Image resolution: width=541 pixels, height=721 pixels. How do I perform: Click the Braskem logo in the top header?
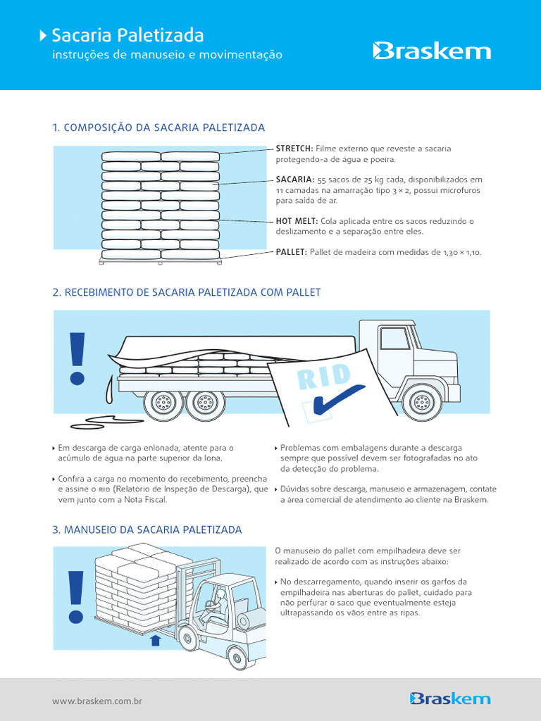(x=431, y=51)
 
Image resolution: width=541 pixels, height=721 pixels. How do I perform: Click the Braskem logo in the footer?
(x=449, y=698)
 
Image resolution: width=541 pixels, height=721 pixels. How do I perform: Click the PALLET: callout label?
(x=291, y=251)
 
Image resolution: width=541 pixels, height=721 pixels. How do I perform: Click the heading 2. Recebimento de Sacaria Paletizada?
(x=187, y=291)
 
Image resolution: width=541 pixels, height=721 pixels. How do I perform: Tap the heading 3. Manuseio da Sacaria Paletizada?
(x=147, y=529)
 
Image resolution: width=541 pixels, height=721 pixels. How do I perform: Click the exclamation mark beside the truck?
(x=77, y=358)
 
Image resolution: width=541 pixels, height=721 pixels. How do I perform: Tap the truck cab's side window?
(x=394, y=338)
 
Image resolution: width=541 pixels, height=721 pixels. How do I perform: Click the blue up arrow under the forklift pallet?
(x=156, y=640)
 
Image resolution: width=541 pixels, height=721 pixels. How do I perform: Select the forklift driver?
(x=213, y=606)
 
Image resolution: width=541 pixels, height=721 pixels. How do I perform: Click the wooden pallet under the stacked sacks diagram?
(x=160, y=262)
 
